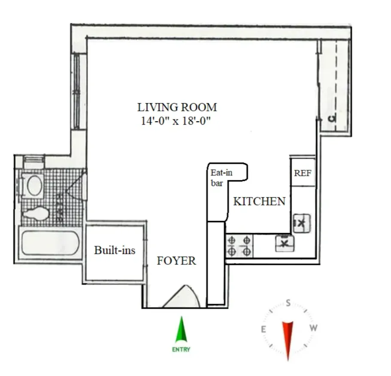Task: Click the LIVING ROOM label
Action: pyautogui.click(x=177, y=107)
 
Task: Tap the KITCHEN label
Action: pyautogui.click(x=259, y=201)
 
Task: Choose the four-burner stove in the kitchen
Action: pyautogui.click(x=239, y=246)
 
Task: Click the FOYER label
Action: pyautogui.click(x=176, y=260)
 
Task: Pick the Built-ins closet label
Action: pyautogui.click(x=115, y=250)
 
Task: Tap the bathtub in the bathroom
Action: pyautogui.click(x=51, y=243)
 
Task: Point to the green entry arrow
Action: pyautogui.click(x=182, y=330)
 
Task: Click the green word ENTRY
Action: pyautogui.click(x=181, y=349)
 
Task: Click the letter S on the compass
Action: pyautogui.click(x=288, y=303)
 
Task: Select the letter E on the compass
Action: pyautogui.click(x=263, y=329)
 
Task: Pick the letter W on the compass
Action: pyautogui.click(x=314, y=328)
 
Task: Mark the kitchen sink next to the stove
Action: pyautogui.click(x=284, y=244)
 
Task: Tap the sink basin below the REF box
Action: pyautogui.click(x=301, y=222)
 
